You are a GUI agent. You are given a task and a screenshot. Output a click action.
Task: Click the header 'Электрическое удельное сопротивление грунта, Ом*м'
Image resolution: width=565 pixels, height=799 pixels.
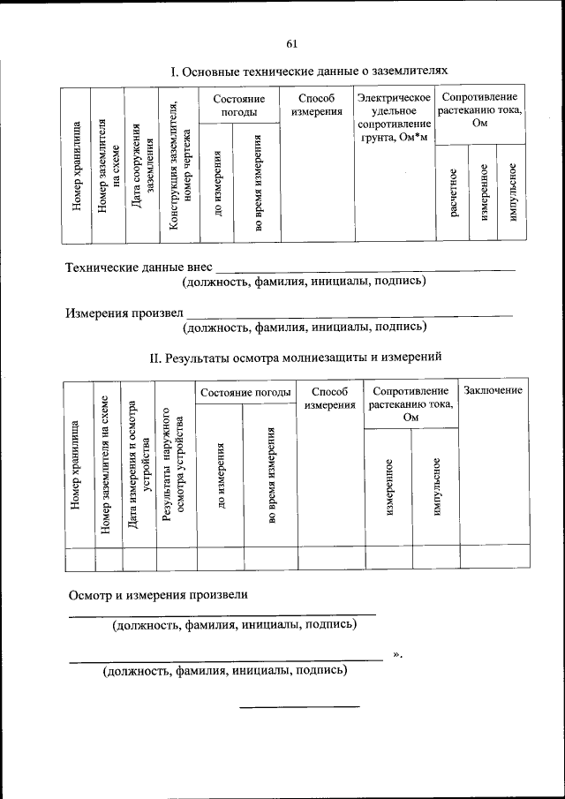[x=393, y=119]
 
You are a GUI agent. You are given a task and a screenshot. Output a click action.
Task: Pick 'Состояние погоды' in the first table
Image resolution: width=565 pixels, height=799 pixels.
[x=239, y=105]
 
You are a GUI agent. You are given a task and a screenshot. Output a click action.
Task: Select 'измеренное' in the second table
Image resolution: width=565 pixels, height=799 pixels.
[x=389, y=486]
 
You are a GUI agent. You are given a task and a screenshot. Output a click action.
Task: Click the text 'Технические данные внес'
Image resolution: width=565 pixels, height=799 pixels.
[x=139, y=266]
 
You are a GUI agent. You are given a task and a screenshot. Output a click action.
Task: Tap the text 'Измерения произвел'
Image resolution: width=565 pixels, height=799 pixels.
[x=124, y=312]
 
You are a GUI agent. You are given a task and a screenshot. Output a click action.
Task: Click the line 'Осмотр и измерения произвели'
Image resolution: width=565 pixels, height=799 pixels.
[x=159, y=594]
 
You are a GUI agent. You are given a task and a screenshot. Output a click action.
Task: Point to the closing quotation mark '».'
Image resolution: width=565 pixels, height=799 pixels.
[x=397, y=654]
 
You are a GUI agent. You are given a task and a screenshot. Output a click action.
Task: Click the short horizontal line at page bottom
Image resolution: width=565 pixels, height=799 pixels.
[x=300, y=706]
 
